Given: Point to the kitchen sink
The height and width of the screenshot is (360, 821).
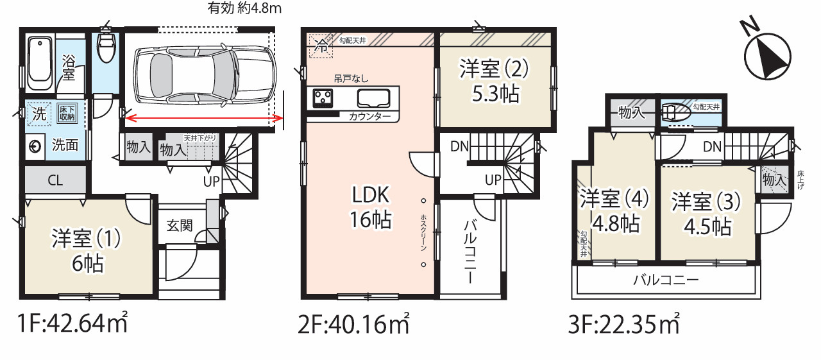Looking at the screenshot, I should [x=373, y=99].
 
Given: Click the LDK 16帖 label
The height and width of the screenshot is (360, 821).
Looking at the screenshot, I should [x=371, y=207].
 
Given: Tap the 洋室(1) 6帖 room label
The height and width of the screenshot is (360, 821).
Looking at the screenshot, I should [x=87, y=250].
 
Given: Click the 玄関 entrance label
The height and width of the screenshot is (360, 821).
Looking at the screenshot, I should [x=181, y=226].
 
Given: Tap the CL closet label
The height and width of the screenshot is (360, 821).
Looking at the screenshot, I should [x=55, y=180].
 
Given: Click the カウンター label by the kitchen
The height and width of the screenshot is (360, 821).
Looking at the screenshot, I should [x=370, y=117].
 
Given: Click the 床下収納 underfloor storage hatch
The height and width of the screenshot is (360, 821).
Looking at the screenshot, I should [x=67, y=113].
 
